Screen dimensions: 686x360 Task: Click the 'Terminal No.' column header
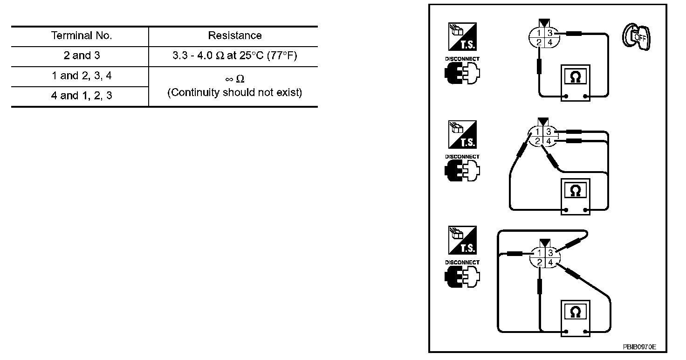click(x=82, y=36)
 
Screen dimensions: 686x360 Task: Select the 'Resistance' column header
click(x=234, y=36)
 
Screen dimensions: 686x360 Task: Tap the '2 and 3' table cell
click(x=82, y=56)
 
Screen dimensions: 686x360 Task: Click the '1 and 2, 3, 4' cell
click(x=82, y=76)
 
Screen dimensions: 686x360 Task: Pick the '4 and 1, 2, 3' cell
click(x=82, y=96)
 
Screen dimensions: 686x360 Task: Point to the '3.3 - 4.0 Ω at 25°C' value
click(x=234, y=56)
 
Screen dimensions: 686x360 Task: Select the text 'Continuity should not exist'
click(x=234, y=92)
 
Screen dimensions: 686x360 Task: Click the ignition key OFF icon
click(x=637, y=36)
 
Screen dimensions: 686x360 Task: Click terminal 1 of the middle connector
click(x=538, y=132)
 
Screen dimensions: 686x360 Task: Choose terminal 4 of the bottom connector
click(x=550, y=263)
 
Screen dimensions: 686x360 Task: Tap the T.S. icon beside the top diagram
click(x=462, y=36)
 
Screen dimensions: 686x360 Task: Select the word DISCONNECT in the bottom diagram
click(x=462, y=263)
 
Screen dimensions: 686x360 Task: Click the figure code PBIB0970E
click(x=639, y=347)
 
